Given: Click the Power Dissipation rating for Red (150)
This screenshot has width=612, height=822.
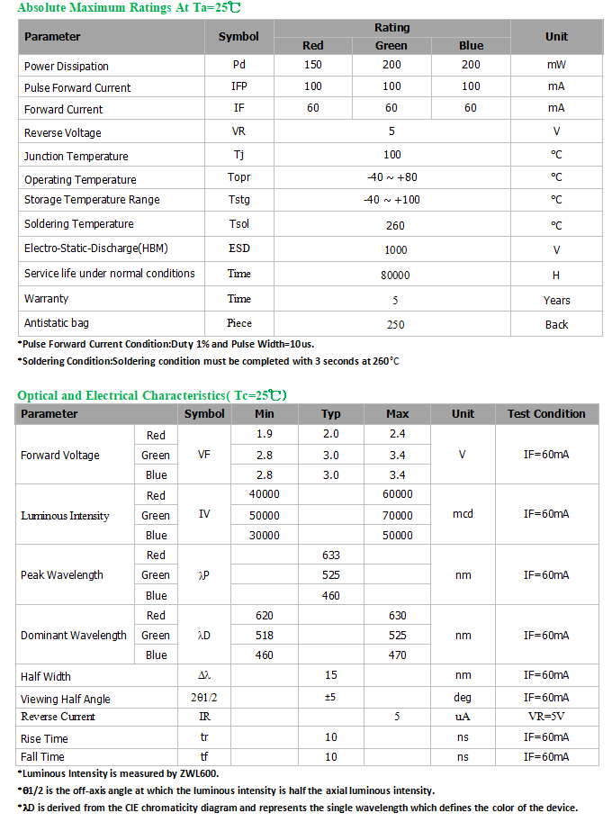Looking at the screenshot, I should click(312, 65).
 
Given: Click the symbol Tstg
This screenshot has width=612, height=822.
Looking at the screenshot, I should click(238, 200).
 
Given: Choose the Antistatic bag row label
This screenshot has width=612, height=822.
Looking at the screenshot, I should click(57, 323).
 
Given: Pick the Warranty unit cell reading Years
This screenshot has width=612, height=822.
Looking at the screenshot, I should click(556, 300).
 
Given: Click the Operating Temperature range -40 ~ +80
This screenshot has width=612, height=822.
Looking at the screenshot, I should click(391, 177).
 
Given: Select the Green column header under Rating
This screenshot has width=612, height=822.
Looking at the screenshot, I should click(391, 46).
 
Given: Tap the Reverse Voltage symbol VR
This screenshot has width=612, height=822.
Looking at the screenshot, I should click(238, 131).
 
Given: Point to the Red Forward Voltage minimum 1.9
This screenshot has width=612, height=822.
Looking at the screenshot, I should click(265, 435).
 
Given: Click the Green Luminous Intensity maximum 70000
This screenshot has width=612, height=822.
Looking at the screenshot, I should click(397, 516).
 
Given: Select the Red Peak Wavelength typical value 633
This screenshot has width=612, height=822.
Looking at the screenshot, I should click(330, 556).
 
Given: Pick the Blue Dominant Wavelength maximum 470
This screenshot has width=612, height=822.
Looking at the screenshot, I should click(397, 655).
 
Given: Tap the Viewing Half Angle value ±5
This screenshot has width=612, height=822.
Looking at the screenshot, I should click(330, 698).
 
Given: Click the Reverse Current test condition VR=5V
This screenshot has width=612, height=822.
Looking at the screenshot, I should click(546, 717).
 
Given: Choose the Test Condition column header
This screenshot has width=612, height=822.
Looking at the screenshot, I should click(546, 414).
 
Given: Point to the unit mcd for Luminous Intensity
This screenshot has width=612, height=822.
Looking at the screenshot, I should click(463, 515).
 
